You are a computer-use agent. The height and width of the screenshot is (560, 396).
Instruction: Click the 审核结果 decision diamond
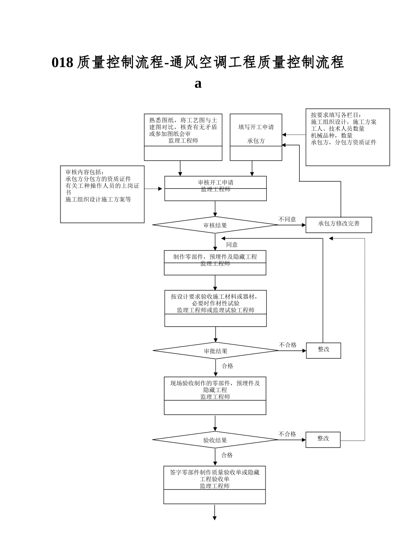click(215, 225)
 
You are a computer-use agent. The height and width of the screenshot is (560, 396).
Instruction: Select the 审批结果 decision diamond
click(216, 351)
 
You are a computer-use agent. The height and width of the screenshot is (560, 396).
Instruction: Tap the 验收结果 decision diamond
click(215, 440)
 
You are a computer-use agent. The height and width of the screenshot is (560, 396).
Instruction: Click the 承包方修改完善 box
click(338, 224)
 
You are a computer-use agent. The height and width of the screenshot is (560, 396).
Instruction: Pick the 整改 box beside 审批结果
click(323, 350)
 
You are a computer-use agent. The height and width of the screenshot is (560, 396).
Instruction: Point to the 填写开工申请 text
click(256, 127)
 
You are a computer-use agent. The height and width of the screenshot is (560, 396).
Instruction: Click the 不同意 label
click(287, 219)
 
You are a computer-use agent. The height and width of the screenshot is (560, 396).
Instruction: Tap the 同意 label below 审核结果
click(232, 245)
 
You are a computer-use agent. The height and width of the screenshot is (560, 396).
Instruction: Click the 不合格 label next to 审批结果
click(288, 345)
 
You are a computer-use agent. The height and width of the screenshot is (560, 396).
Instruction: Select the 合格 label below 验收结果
click(227, 455)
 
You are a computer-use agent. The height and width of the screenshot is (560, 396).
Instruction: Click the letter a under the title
click(198, 83)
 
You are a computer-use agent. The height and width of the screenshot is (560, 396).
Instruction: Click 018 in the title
click(63, 62)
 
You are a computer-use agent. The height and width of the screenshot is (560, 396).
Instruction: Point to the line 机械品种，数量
click(332, 135)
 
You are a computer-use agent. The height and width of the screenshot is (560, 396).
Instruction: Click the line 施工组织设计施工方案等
click(98, 199)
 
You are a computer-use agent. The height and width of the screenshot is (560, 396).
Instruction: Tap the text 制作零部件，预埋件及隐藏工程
click(215, 257)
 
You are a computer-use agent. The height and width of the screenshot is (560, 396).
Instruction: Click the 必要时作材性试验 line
click(216, 303)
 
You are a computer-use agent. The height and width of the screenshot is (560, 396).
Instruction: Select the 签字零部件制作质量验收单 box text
click(215, 472)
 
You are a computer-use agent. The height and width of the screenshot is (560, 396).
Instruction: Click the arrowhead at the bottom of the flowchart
click(215, 518)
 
